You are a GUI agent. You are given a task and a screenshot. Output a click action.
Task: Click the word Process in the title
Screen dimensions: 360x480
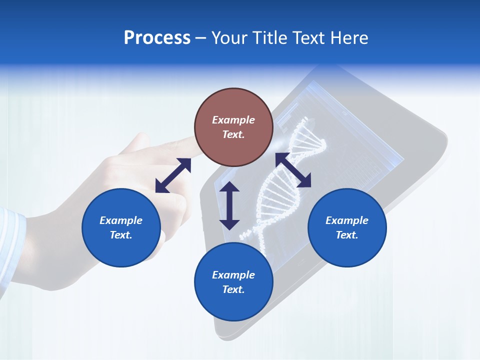pyautogui.click(x=157, y=38)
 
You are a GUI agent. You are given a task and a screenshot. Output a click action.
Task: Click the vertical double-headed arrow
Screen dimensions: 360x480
pyautogui.click(x=229, y=205)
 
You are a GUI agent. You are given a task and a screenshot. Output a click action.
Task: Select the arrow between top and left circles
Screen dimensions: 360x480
pyautogui.click(x=173, y=175)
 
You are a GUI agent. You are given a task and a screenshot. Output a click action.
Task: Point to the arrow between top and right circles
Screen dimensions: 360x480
pyautogui.click(x=293, y=170)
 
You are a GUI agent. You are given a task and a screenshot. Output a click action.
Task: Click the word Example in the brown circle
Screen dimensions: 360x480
pyautogui.click(x=233, y=120)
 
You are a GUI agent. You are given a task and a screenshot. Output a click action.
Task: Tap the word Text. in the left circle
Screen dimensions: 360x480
pyautogui.click(x=121, y=235)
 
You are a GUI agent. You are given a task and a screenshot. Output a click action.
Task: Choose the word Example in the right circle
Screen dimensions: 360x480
pyautogui.click(x=347, y=220)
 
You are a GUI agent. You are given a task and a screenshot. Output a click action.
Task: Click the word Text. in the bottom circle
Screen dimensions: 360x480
pyautogui.click(x=233, y=289)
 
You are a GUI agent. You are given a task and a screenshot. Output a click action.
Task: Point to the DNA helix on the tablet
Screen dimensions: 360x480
pyautogui.click(x=285, y=185)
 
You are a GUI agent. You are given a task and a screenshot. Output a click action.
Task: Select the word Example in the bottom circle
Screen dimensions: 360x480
pyautogui.click(x=233, y=275)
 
